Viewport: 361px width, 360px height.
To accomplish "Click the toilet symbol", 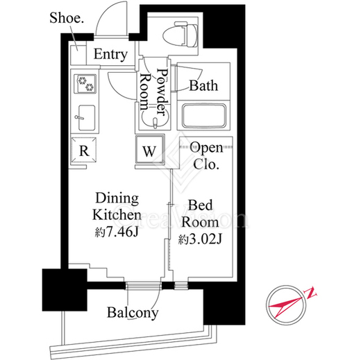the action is coord(180,35).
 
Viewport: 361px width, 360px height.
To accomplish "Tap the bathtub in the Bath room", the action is coord(204,116).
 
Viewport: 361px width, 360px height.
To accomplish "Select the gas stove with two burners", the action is coord(85,84).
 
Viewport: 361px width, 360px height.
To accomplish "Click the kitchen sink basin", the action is coord(87,118).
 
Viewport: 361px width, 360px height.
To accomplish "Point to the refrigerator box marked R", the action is coord(83,151).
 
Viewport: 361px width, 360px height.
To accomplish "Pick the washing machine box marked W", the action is coord(150,150).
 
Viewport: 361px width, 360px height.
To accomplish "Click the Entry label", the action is coord(110,55).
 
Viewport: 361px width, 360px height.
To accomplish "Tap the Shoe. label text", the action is coord(67,18).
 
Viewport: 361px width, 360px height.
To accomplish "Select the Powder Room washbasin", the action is coord(155,119).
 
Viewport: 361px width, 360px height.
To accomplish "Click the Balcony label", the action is coord(133,313).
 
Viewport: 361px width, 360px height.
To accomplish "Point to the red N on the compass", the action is coord(312,293).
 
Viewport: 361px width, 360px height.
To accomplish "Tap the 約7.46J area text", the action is coord(117,232).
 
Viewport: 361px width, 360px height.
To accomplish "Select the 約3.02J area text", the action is coord(200,239).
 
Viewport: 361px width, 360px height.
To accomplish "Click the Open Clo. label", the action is coord(206,155).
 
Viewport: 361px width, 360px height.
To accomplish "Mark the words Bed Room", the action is coord(200,214).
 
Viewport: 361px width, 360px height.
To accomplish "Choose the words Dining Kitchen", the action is coord(117,207).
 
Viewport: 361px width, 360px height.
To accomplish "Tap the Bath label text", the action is coord(203,86).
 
